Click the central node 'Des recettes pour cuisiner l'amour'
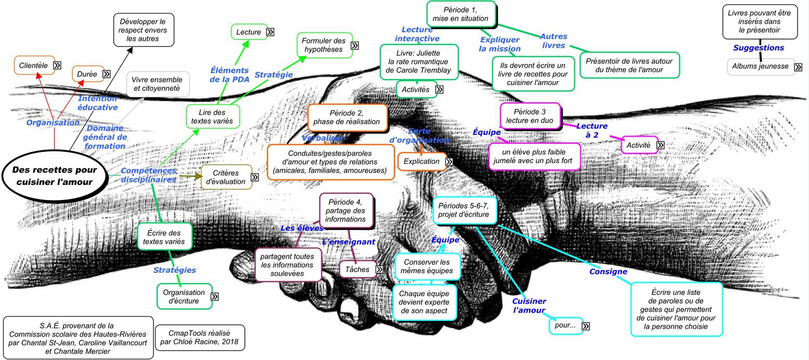[x=53, y=176]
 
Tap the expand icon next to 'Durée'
[x=106, y=74]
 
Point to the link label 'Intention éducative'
[x=98, y=103]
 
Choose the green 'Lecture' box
[x=249, y=32]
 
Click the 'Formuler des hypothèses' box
[x=323, y=46]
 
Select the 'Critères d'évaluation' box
[x=226, y=177]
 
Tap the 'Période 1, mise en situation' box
[x=461, y=14]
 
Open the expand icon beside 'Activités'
[x=439, y=89]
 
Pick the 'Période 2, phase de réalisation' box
[x=347, y=117]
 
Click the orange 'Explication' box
[x=422, y=161]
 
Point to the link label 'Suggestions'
[x=759, y=48]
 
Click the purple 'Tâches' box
[x=357, y=269]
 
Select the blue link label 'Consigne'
[x=608, y=272]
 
